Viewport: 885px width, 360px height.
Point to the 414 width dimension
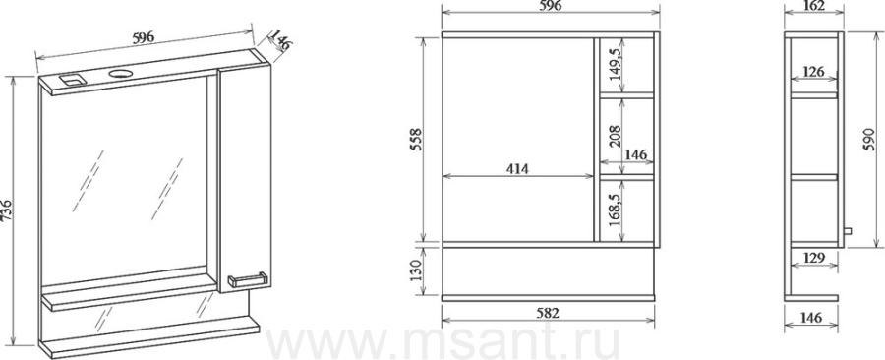[x=517, y=169]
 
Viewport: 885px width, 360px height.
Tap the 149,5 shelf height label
[x=616, y=65]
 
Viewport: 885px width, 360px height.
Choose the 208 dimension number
[x=616, y=135]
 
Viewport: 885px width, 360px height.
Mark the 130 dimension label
[x=417, y=270]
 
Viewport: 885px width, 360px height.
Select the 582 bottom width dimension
[x=548, y=313]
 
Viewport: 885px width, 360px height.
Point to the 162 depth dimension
[x=813, y=6]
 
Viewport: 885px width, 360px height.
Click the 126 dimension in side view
[x=813, y=72]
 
